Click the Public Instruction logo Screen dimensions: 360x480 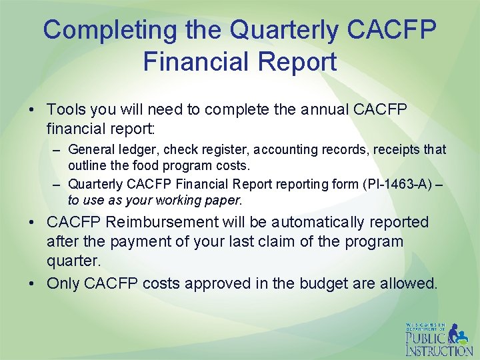(x=438, y=339)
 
